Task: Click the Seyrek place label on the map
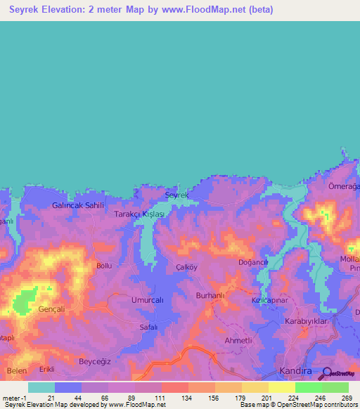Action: (x=177, y=195)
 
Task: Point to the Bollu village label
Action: (x=104, y=266)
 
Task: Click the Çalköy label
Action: (x=186, y=268)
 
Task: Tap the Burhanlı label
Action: (x=212, y=295)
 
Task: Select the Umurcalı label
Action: (x=148, y=299)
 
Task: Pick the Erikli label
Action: (x=47, y=369)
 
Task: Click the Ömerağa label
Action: (x=345, y=186)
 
